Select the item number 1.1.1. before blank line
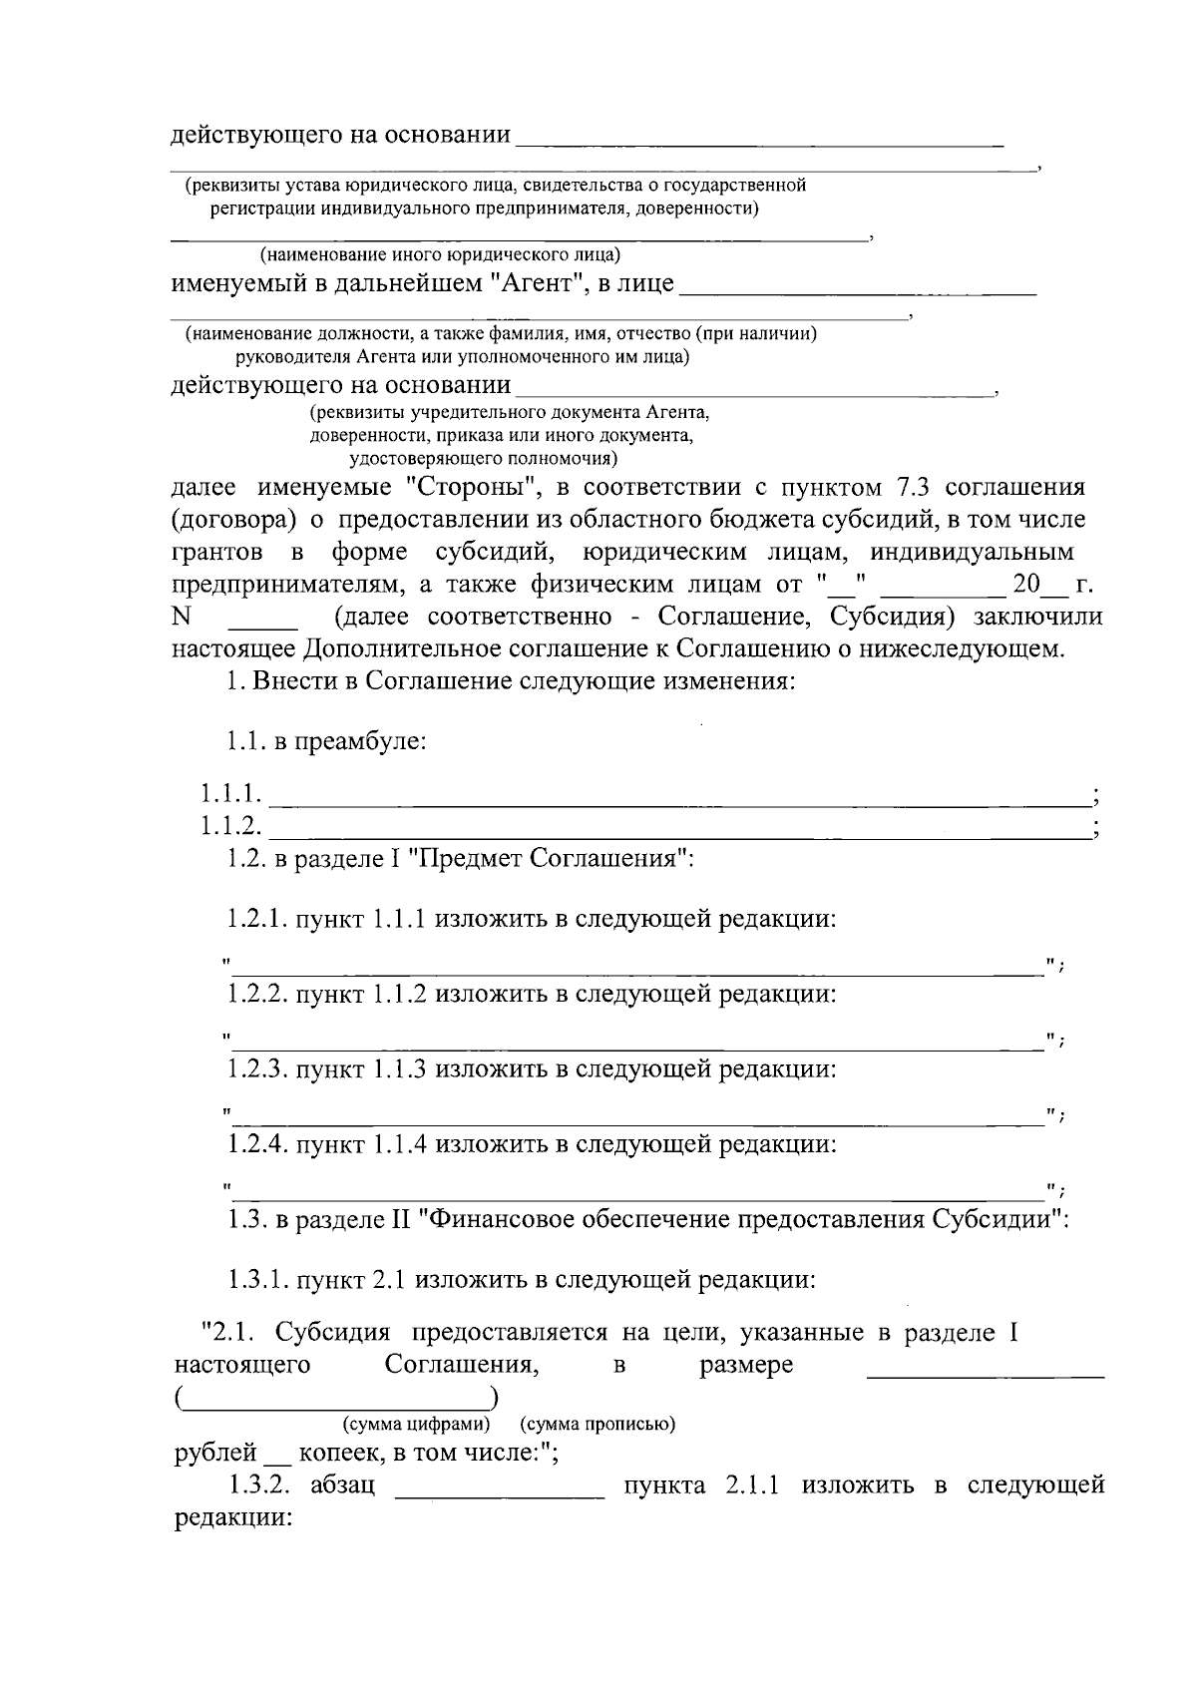coord(231,795)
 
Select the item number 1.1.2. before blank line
coord(231,826)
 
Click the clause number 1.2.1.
coord(258,919)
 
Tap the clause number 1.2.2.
coord(258,994)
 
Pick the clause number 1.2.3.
coord(258,1069)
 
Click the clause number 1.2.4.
coord(258,1144)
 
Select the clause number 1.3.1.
coord(258,1279)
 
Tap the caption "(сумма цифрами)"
coord(416,1424)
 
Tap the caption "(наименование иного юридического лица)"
coord(440,256)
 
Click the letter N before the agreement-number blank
coord(181,618)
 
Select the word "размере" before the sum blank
coord(746,1365)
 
